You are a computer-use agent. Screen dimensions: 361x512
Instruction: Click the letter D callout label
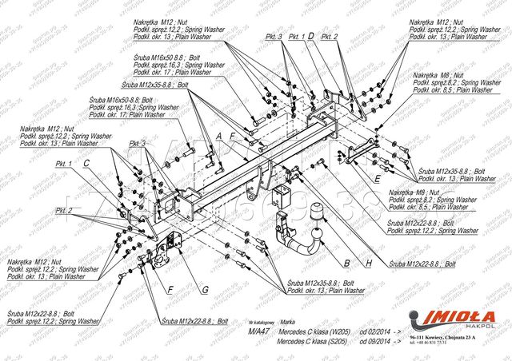pyautogui.click(x=310, y=37)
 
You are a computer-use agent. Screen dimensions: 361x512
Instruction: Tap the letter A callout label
pyautogui.click(x=217, y=137)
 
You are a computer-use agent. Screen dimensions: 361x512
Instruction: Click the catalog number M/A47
pyautogui.click(x=256, y=330)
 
